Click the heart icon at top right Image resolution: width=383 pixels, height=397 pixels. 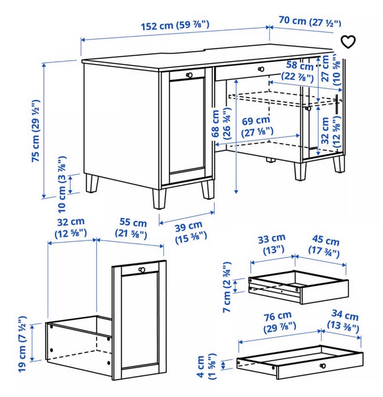click(x=348, y=42)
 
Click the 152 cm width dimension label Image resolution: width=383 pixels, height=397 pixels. click(x=175, y=25)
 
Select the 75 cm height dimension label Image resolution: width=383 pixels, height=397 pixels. click(x=36, y=131)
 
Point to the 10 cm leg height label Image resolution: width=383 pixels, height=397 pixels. click(x=62, y=184)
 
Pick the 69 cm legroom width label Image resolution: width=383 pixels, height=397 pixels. click(x=257, y=126)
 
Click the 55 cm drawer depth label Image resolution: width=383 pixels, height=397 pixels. click(x=131, y=229)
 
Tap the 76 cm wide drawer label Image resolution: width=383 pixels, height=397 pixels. click(x=279, y=322)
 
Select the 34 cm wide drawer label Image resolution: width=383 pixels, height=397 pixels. click(x=344, y=321)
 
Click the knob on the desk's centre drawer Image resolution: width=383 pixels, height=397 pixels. click(x=261, y=69)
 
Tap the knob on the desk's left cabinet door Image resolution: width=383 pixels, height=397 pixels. click(x=189, y=75)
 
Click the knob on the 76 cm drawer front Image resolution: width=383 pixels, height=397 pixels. click(x=323, y=366)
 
